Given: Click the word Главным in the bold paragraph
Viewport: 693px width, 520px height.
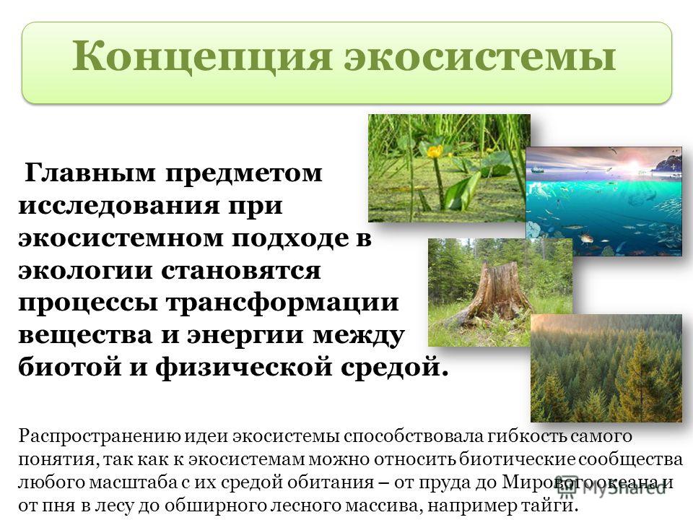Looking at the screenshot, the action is (x=90, y=173).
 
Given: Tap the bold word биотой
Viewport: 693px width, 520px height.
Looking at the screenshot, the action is (x=69, y=367).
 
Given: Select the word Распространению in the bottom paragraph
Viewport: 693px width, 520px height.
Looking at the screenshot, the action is (x=100, y=437).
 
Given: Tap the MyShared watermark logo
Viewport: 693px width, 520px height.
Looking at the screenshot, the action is (x=611, y=487).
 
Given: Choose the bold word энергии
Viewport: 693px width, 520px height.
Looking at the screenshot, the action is (x=245, y=336).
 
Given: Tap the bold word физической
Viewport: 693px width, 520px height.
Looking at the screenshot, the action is (x=243, y=367).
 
